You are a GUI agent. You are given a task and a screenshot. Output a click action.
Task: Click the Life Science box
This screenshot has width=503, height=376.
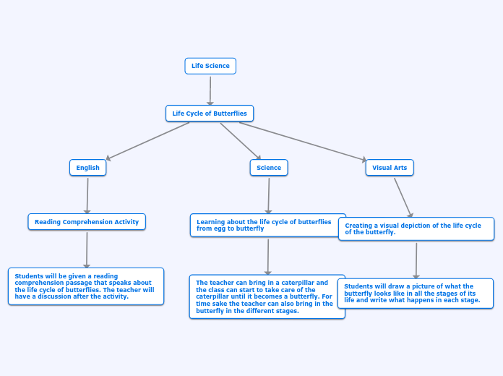pos(210,66)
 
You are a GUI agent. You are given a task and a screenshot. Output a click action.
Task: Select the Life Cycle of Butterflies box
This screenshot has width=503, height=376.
pos(210,114)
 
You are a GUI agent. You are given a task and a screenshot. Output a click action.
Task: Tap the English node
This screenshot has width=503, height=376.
pos(88,168)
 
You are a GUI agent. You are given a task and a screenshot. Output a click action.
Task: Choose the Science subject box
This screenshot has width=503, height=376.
pos(269,168)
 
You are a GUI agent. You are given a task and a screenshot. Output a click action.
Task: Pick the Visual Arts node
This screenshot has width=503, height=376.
pos(390,168)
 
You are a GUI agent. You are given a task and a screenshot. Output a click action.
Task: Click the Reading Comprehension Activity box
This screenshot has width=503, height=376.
pos(87,222)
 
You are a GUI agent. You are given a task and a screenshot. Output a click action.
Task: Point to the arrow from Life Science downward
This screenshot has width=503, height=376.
pos(210,91)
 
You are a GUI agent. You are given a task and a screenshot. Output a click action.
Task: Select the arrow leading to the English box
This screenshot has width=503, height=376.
pos(147,141)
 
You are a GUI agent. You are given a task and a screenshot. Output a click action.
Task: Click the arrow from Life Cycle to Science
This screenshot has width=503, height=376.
pos(241,141)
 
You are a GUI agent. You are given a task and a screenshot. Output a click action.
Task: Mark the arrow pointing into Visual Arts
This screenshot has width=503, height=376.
pos(303,141)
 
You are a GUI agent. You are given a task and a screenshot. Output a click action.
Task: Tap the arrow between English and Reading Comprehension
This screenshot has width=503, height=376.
pos(87,196)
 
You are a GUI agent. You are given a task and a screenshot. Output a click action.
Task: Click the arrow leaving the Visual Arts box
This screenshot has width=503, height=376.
pos(403,198)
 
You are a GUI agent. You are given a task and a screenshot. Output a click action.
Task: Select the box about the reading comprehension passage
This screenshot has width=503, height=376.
pos(86,286)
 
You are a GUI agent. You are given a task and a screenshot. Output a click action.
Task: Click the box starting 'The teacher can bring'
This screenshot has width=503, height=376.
pos(267,296)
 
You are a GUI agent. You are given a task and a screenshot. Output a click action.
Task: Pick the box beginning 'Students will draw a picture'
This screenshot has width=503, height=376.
pos(416,294)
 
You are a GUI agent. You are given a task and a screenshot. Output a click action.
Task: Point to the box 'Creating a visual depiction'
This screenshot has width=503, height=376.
pos(416,229)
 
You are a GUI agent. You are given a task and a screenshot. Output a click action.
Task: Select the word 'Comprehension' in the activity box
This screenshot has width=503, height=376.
pos(85,222)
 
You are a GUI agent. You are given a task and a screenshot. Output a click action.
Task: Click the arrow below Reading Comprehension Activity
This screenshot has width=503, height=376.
pos(87,250)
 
